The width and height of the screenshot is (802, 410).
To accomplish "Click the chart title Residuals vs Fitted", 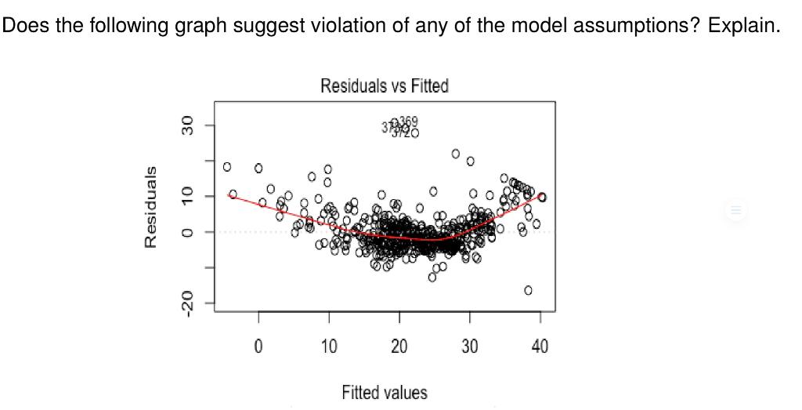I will (384, 86).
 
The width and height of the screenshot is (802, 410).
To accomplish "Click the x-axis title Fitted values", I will (384, 392).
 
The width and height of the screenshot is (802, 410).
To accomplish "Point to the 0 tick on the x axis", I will (258, 346).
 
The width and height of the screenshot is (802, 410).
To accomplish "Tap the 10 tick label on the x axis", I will (329, 346).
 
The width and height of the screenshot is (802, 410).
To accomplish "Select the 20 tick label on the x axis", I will (399, 346).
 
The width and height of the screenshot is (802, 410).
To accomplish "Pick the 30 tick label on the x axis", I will (470, 346).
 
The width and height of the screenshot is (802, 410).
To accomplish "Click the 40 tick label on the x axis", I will (540, 346).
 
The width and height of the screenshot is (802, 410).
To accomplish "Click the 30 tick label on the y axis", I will (187, 125).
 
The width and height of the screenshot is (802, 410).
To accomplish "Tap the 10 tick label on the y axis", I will (187, 196).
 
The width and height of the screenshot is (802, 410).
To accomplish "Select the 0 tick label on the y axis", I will (187, 231).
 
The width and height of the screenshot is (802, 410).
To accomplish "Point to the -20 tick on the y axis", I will (187, 301).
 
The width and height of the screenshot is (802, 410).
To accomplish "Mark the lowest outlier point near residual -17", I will (528, 290).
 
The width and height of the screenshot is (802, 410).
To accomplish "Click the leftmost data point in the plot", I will (227, 166).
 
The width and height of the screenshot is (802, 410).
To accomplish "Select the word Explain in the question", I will (744, 26).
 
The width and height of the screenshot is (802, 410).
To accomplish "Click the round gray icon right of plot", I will (735, 210).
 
